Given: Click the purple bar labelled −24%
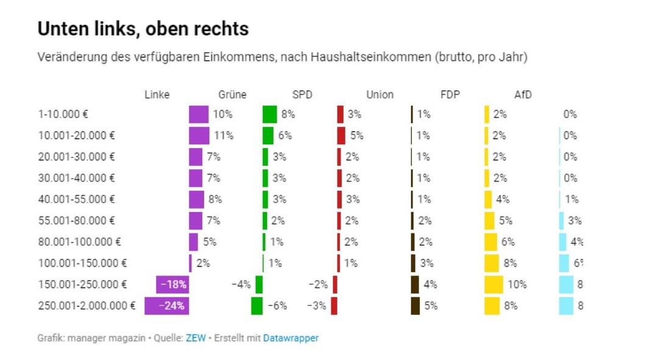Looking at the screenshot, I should point(166,306).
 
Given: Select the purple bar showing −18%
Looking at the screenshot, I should point(172,284).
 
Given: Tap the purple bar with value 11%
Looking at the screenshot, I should point(199,135).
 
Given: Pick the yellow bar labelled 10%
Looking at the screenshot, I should point(493,284).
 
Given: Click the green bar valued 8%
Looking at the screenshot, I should point(269,114).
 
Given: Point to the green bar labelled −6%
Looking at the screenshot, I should point(256,306).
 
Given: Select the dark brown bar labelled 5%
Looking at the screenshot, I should point(416,306).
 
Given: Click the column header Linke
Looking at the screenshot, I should point(157,94).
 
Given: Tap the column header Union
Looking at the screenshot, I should point(380,94).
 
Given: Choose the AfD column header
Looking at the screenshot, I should point(523,94).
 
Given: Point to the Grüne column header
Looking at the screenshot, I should point(232,94).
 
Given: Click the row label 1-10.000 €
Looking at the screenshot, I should point(63,114).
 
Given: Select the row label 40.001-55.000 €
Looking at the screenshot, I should point(76,199).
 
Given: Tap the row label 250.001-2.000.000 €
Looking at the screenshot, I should point(87,306).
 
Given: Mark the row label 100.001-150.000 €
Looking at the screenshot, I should point(82,263).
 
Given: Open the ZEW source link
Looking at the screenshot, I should point(196,337).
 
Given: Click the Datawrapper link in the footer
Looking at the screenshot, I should point(291,337).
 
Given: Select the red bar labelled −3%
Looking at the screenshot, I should point(334,306).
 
